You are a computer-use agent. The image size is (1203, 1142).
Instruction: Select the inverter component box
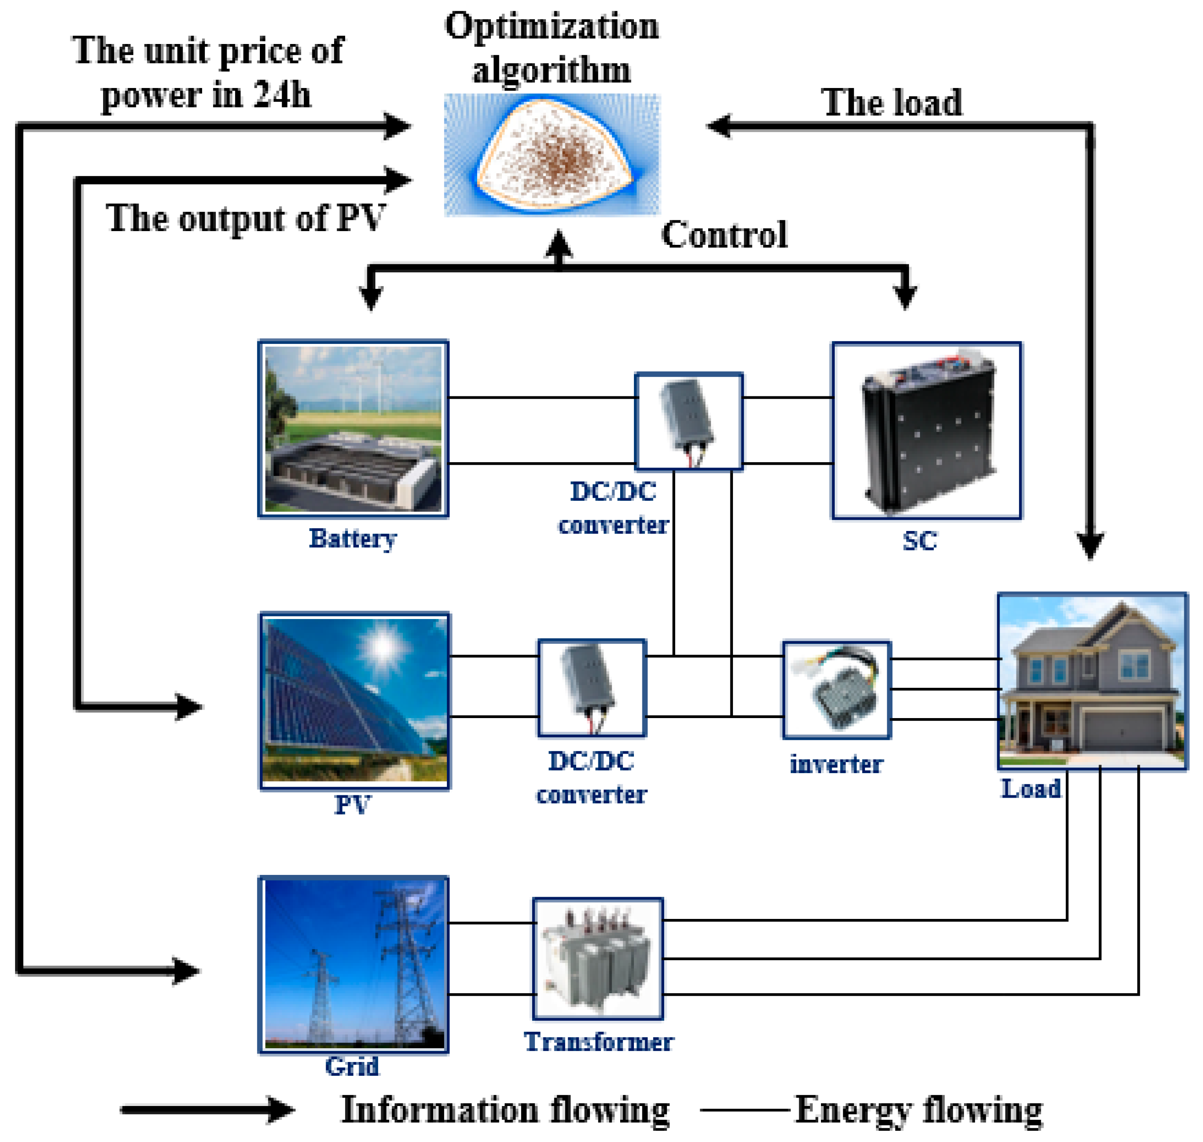(x=836, y=689)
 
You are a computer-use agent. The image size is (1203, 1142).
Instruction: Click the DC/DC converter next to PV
(x=591, y=687)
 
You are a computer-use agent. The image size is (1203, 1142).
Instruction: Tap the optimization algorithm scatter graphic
(x=551, y=155)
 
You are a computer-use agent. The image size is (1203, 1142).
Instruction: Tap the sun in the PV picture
(x=383, y=647)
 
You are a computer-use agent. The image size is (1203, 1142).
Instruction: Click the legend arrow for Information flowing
(x=207, y=1109)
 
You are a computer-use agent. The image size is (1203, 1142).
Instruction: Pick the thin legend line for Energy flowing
(x=745, y=1110)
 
